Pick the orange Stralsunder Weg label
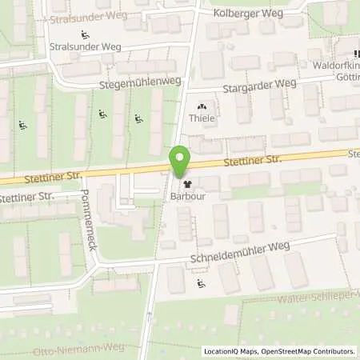point(81,17)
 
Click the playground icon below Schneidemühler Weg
point(200,282)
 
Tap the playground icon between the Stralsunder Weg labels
point(86,33)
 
